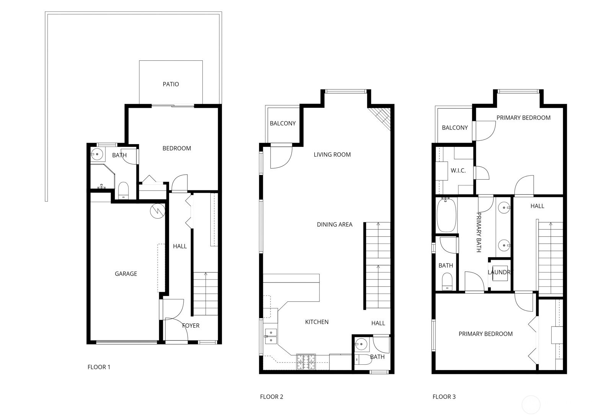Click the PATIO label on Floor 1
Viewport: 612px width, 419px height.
pyautogui.click(x=171, y=84)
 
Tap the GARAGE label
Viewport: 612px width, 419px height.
pyautogui.click(x=126, y=274)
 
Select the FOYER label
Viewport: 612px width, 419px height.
pyautogui.click(x=190, y=326)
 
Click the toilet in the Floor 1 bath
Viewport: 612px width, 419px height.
pyautogui.click(x=123, y=190)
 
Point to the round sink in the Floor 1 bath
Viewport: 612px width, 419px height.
pyautogui.click(x=97, y=155)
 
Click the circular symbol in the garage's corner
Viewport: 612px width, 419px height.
pyautogui.click(x=157, y=211)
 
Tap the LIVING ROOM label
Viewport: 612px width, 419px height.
pyautogui.click(x=332, y=155)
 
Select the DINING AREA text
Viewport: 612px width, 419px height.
pyautogui.click(x=334, y=225)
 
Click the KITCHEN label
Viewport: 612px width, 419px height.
pyautogui.click(x=317, y=322)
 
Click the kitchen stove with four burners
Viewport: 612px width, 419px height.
pyautogui.click(x=306, y=362)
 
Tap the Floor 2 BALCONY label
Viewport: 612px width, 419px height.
pyautogui.click(x=283, y=123)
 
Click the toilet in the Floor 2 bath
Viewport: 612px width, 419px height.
pyautogui.click(x=363, y=359)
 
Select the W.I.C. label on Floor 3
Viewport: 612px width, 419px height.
pyautogui.click(x=458, y=171)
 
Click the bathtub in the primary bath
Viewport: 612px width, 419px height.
pyautogui.click(x=446, y=215)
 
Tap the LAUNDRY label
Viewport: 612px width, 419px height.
pyautogui.click(x=499, y=273)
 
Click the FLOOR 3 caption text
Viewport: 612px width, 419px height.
pyautogui.click(x=444, y=397)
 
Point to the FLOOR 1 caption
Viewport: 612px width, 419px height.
pyautogui.click(x=99, y=367)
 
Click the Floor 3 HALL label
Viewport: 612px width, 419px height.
pyautogui.click(x=537, y=206)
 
